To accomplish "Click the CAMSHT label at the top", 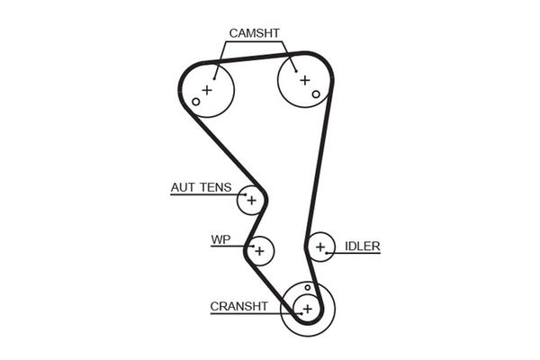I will [x=255, y=33].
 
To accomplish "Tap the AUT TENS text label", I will [x=201, y=188].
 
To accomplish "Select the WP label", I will [x=220, y=240].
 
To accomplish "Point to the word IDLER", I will [x=362, y=245].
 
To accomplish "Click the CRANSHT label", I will [x=238, y=306].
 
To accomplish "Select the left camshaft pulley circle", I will [x=208, y=90].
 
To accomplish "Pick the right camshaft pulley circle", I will [x=303, y=81].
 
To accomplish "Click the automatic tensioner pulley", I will [x=251, y=200].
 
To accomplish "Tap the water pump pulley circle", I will [x=260, y=250].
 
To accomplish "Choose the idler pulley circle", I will [x=319, y=246].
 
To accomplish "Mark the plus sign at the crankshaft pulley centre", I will [x=307, y=309].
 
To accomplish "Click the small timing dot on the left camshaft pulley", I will [x=195, y=101].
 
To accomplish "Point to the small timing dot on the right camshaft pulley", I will [x=316, y=93].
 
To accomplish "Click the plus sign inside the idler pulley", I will [x=319, y=246].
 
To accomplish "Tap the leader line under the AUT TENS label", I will [x=202, y=195].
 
